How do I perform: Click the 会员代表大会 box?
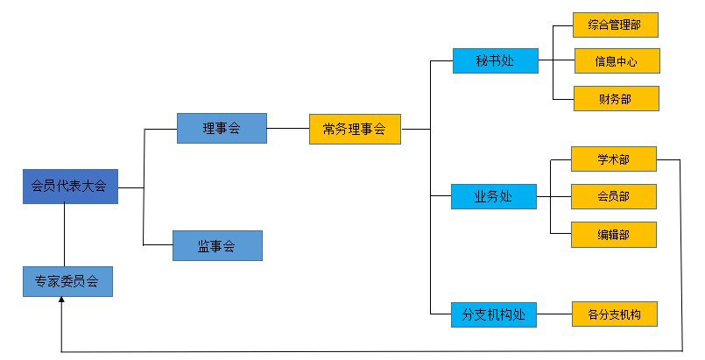click(70, 186)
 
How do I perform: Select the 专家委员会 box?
click(67, 281)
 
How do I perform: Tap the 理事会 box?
click(222, 128)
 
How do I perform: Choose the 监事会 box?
click(217, 245)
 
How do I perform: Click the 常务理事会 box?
click(355, 129)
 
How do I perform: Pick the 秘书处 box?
click(495, 60)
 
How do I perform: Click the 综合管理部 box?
click(614, 25)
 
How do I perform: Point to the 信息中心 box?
click(616, 61)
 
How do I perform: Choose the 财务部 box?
click(615, 99)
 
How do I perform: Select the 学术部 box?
click(613, 159)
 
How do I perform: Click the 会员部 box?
click(613, 196)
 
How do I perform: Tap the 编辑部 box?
click(613, 234)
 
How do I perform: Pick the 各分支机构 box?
click(613, 314)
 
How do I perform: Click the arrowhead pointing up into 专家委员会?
click(61, 300)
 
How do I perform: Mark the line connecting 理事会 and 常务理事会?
click(288, 129)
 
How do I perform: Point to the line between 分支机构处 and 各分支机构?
click(554, 314)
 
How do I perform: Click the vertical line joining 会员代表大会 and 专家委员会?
click(65, 235)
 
